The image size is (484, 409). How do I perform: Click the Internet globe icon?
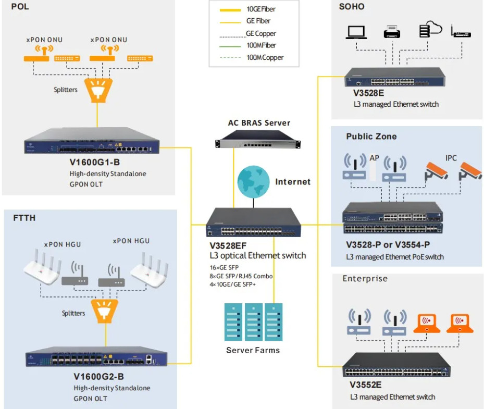(253, 182)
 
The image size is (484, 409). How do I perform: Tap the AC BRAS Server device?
(258, 139)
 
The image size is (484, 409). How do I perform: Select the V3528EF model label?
(228, 246)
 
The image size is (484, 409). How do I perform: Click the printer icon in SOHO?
(392, 31)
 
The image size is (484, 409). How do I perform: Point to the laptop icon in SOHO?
(356, 32)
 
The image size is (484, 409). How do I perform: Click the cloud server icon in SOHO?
(431, 29)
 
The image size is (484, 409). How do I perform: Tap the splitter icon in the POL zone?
(98, 90)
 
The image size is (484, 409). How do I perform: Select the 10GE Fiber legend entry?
(247, 9)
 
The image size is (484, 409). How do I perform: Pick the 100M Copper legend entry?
(251, 57)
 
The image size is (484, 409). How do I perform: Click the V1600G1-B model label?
(95, 163)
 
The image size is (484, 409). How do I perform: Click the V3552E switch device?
(396, 365)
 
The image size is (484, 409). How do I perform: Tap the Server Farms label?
(253, 350)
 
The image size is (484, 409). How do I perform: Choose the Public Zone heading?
(371, 137)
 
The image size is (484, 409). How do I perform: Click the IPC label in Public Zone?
(451, 158)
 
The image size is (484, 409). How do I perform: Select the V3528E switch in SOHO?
(395, 77)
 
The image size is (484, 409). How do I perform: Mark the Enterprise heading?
(365, 278)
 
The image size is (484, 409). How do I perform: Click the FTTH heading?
(24, 218)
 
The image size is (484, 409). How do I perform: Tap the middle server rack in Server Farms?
(253, 322)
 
